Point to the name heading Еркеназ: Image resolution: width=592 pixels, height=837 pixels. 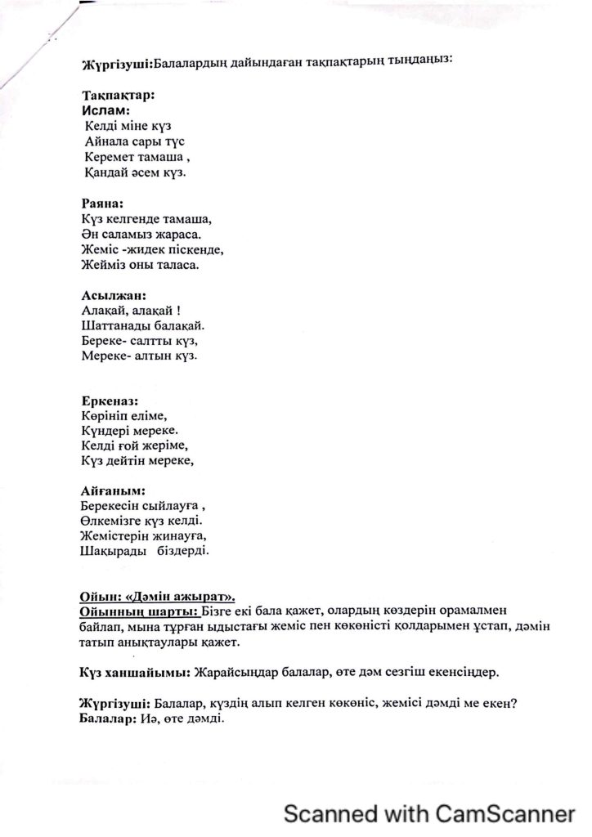tap(110, 401)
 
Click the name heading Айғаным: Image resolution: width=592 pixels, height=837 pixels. tap(113, 491)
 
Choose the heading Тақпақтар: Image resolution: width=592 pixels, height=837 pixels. tap(119, 94)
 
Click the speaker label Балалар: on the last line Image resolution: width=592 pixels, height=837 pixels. tap(109, 719)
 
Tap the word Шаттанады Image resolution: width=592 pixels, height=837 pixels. tap(117, 325)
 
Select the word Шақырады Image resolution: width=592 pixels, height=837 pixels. tap(113, 552)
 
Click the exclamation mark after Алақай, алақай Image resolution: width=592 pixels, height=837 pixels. tap(179, 311)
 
